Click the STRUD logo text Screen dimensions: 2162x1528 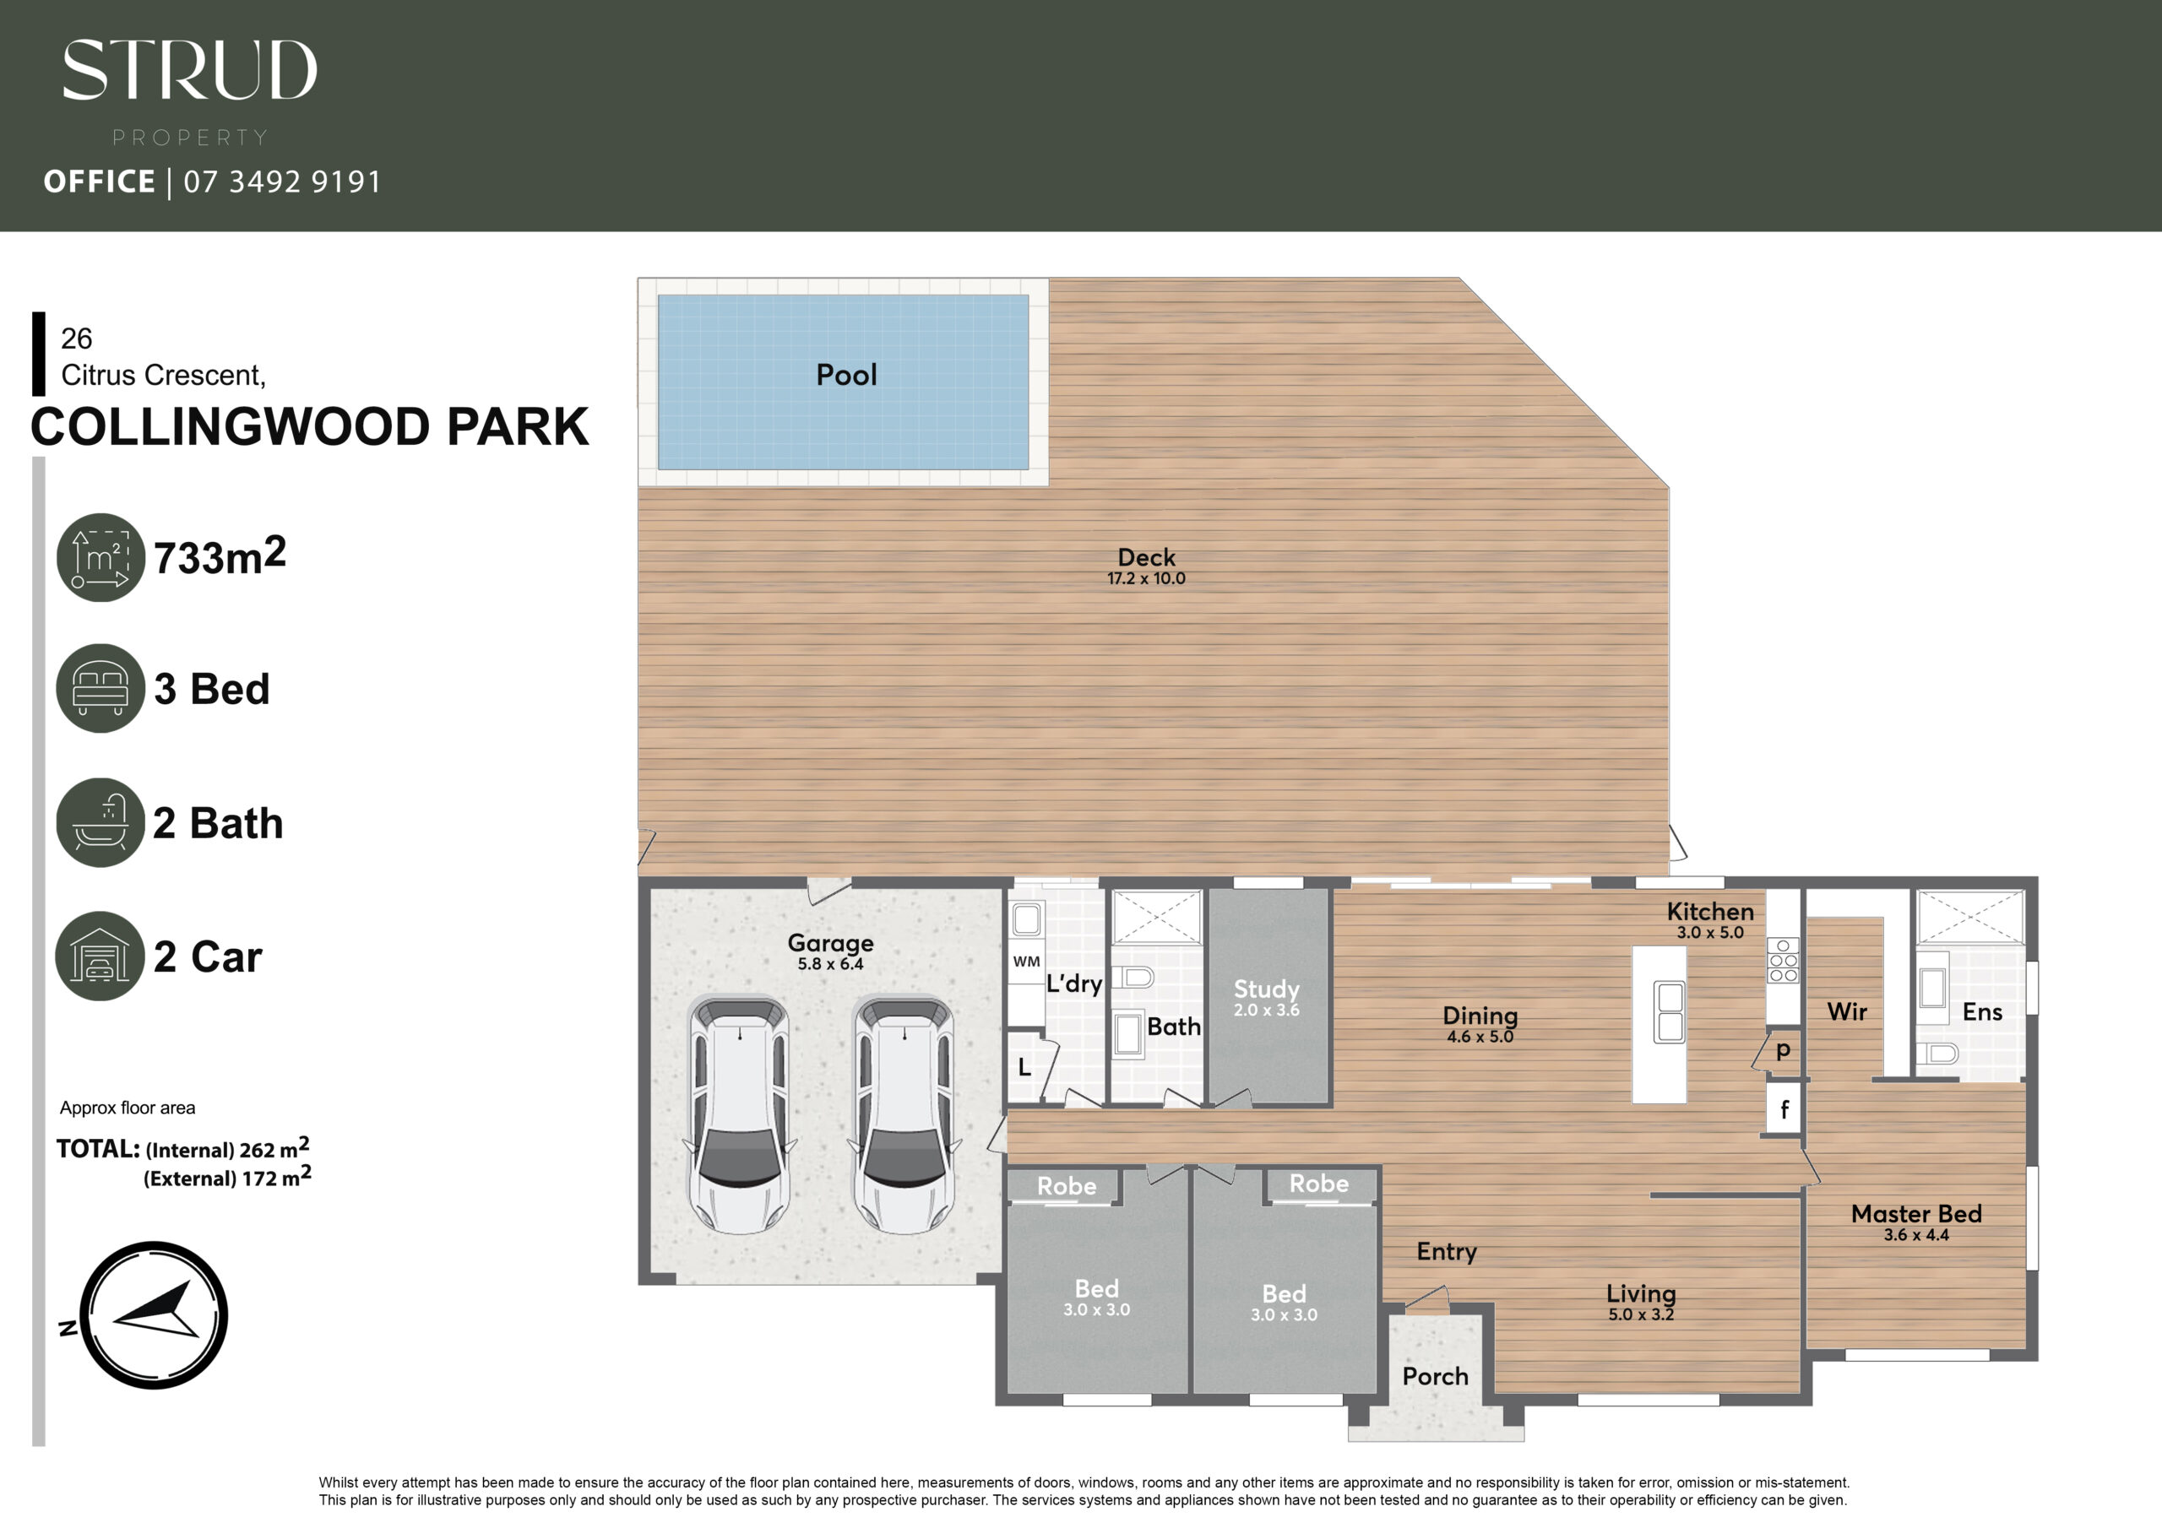point(190,70)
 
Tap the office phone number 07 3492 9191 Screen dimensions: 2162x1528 point(282,181)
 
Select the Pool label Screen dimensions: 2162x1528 point(846,375)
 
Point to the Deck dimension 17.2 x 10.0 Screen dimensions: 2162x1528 point(1146,578)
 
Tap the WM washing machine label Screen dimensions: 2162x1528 point(1026,962)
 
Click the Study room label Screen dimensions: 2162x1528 point(1267,989)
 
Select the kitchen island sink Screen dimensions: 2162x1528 point(1670,1012)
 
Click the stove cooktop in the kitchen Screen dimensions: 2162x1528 point(1783,961)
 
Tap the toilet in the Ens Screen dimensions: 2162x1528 point(1939,1053)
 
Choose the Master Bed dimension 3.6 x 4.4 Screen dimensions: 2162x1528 point(1916,1234)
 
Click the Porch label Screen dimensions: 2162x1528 point(1435,1376)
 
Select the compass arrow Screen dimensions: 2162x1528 point(157,1309)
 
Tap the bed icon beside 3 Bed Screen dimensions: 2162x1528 point(100,688)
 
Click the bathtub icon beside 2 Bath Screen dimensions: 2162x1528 point(100,822)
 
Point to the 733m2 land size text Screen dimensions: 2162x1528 point(220,555)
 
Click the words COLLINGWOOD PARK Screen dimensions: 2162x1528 point(310,426)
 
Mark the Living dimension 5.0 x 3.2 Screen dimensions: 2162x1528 point(1641,1314)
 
